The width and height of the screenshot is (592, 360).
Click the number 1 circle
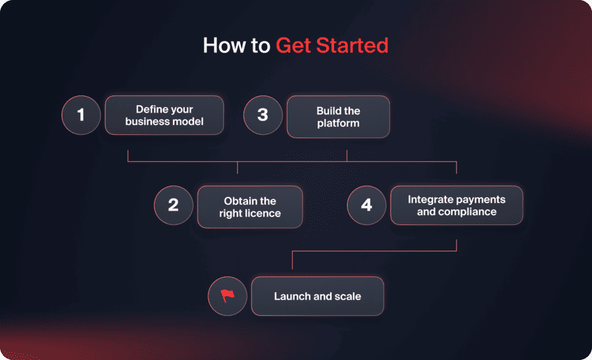tap(81, 115)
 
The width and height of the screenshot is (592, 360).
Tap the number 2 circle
tap(174, 205)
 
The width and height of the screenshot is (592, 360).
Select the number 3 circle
tap(263, 115)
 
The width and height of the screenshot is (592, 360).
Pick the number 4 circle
tap(366, 205)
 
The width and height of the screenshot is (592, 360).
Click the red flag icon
tap(228, 296)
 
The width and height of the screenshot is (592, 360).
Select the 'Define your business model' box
tap(164, 115)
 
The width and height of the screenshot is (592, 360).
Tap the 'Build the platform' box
tap(338, 116)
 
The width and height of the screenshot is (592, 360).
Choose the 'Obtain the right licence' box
tap(250, 207)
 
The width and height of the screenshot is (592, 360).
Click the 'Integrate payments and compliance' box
tap(456, 205)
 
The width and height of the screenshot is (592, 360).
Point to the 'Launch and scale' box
tap(318, 296)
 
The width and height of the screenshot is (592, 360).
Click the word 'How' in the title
tap(224, 45)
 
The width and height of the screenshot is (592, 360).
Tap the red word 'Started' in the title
tap(352, 45)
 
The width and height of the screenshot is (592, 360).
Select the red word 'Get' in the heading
tap(293, 45)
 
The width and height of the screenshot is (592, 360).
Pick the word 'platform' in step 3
tap(338, 124)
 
